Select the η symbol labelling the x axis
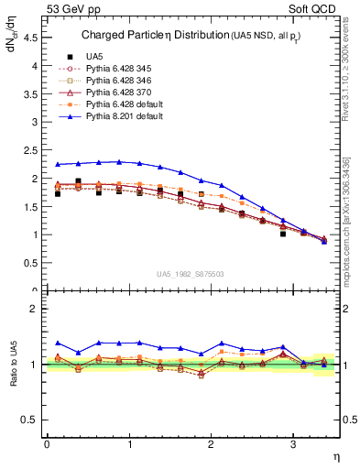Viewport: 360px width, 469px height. (334, 456)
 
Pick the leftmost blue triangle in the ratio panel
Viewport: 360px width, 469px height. (57, 343)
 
